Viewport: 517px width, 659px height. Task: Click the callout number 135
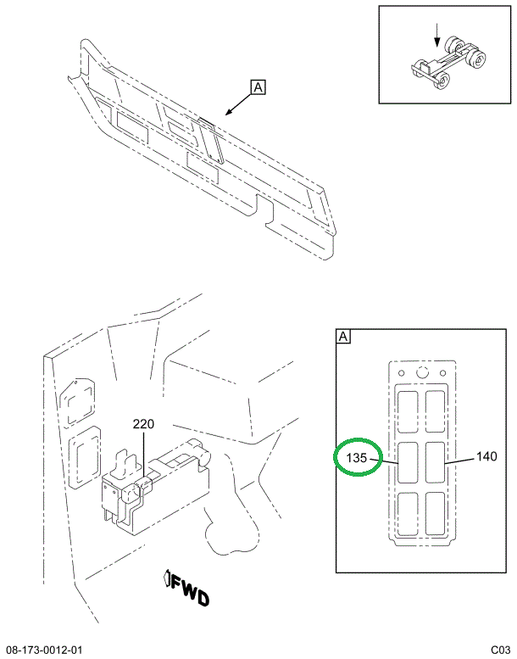coord(356,459)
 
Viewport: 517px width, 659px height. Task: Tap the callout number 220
coord(143,424)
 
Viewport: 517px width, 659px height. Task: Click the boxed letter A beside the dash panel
coord(258,87)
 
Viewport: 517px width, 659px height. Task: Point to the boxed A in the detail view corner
coord(344,338)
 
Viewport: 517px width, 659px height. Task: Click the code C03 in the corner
coord(499,650)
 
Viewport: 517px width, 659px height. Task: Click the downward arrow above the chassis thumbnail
coord(437,34)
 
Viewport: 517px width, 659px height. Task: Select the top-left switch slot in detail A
coord(409,410)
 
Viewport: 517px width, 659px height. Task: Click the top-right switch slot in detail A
coord(438,410)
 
